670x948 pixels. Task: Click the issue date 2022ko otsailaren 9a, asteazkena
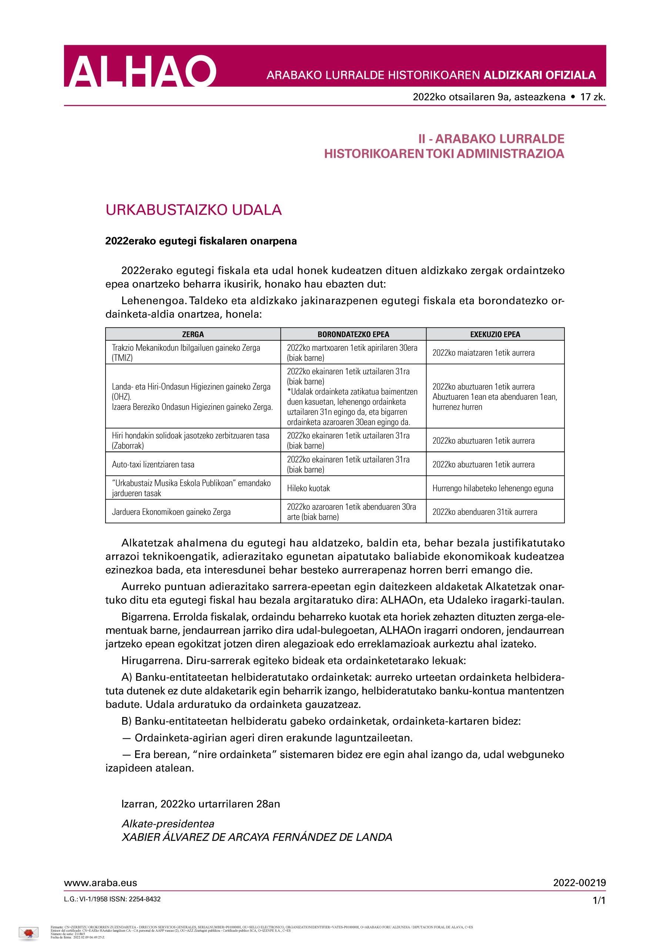click(489, 97)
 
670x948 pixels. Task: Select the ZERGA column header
click(193, 334)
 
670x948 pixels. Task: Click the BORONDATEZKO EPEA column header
click(353, 334)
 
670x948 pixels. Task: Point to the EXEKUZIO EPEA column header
click(495, 334)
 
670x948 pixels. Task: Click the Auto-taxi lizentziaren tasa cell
click(153, 464)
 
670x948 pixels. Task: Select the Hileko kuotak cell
click(308, 488)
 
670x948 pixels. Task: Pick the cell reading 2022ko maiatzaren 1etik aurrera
click(483, 353)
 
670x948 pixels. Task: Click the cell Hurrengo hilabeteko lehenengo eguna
click(492, 488)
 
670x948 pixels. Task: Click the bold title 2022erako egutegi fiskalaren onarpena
click(201, 241)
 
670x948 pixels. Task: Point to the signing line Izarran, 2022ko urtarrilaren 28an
click(201, 804)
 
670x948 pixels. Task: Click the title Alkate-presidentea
click(168, 824)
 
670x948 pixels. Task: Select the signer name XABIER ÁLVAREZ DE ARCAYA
click(257, 837)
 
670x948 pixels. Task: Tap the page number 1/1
click(599, 901)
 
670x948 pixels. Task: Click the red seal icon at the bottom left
click(29, 932)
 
